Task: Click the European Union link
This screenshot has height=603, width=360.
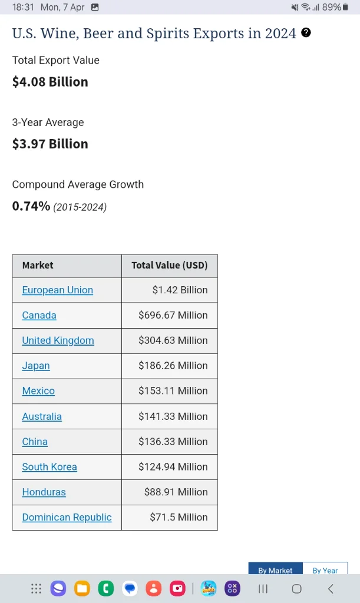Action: point(57,290)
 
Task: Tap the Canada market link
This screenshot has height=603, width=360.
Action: point(39,315)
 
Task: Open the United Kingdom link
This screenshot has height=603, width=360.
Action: point(58,340)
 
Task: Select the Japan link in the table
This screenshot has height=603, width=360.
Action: point(36,366)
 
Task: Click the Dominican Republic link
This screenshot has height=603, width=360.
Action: point(67,517)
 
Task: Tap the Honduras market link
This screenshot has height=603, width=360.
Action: point(44,492)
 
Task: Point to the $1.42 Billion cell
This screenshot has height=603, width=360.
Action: point(180,290)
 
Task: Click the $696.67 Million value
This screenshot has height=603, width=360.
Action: point(173,315)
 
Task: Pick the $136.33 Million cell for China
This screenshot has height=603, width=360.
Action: point(173,442)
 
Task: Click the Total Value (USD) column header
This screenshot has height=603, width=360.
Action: point(169,265)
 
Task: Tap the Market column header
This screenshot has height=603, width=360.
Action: point(38,265)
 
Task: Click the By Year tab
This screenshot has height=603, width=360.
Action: point(325,570)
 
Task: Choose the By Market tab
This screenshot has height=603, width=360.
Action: point(275,570)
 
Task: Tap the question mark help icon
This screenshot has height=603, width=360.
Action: point(306,32)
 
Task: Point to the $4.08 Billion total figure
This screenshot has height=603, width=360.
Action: point(50,82)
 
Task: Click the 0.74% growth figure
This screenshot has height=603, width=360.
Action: point(31,206)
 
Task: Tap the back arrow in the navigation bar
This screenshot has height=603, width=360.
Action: point(331,588)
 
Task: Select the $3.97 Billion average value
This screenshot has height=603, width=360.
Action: point(50,144)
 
